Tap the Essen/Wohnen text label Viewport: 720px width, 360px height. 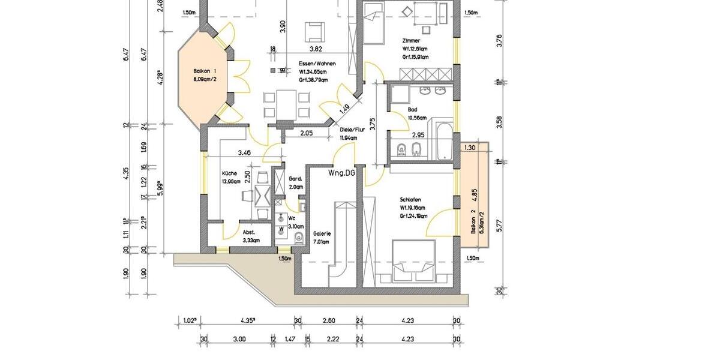pyautogui.click(x=317, y=64)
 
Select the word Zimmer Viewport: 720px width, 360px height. pyautogui.click(x=412, y=40)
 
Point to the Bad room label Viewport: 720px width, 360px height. pyautogui.click(x=412, y=110)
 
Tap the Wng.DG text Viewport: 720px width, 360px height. pyautogui.click(x=341, y=173)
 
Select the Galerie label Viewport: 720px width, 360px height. pyautogui.click(x=322, y=233)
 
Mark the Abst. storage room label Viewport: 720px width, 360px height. pyautogui.click(x=249, y=232)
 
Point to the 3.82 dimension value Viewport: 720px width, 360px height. pyautogui.click(x=316, y=49)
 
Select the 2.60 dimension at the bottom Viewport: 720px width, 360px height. pyautogui.click(x=328, y=321)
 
